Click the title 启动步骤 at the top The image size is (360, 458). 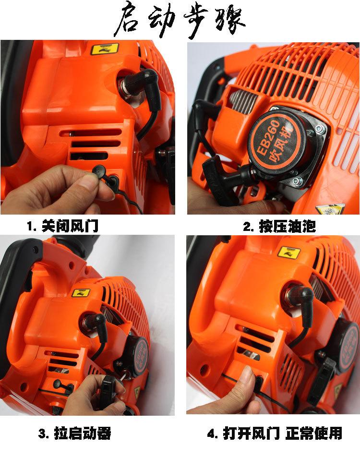pyautogui.click(x=180, y=20)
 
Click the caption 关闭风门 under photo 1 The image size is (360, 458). pyautogui.click(x=71, y=226)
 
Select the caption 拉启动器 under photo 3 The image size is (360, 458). pyautogui.click(x=83, y=433)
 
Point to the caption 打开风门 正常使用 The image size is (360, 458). pyautogui.click(x=283, y=433)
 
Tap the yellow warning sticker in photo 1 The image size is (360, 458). pyautogui.click(x=105, y=49)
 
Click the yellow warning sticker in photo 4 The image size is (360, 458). pyautogui.click(x=289, y=253)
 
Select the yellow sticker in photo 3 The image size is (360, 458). pyautogui.click(x=81, y=293)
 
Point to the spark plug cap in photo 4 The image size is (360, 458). pyautogui.click(x=302, y=302)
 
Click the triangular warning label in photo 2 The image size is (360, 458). pyautogui.click(x=330, y=209)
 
